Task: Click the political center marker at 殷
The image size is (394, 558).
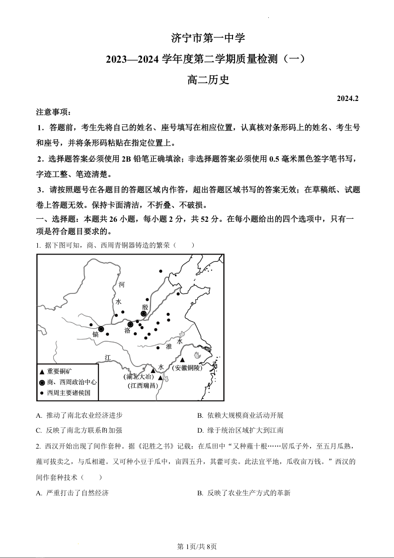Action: click(x=144, y=314)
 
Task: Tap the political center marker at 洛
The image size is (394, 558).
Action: click(x=131, y=324)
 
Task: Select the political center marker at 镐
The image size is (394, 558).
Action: click(x=101, y=329)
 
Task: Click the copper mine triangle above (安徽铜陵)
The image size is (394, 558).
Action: click(x=183, y=360)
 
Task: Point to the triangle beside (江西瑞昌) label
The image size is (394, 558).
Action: click(x=160, y=378)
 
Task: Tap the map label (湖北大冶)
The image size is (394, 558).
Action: click(x=138, y=376)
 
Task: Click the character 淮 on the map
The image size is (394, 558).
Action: click(x=169, y=346)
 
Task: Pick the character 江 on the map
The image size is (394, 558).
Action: click(x=108, y=358)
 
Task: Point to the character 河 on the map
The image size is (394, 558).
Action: click(x=121, y=284)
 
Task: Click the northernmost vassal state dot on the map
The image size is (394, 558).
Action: click(x=160, y=271)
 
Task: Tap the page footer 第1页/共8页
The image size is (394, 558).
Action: click(x=197, y=547)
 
